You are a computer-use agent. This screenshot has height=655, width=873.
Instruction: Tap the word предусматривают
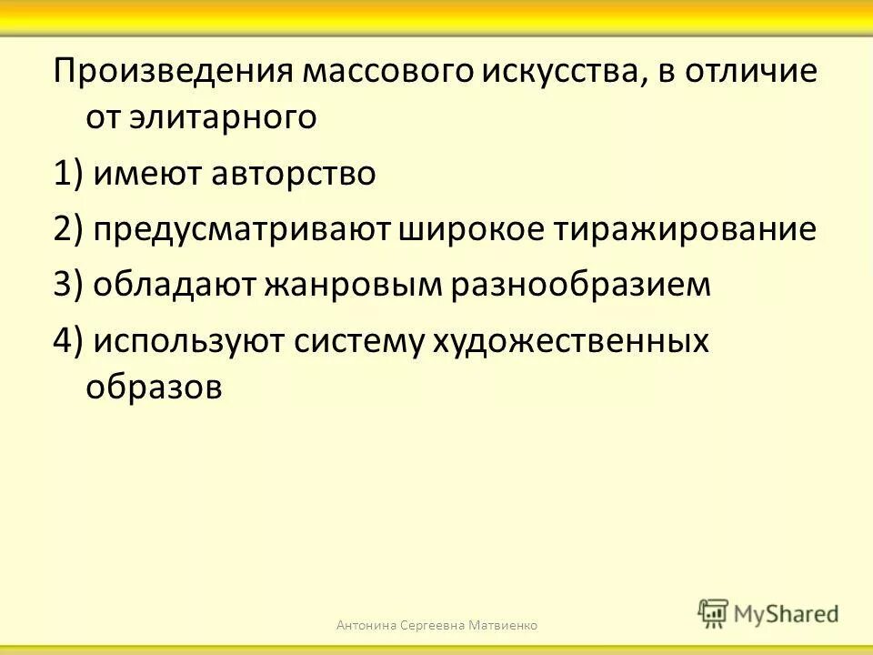point(241,229)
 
